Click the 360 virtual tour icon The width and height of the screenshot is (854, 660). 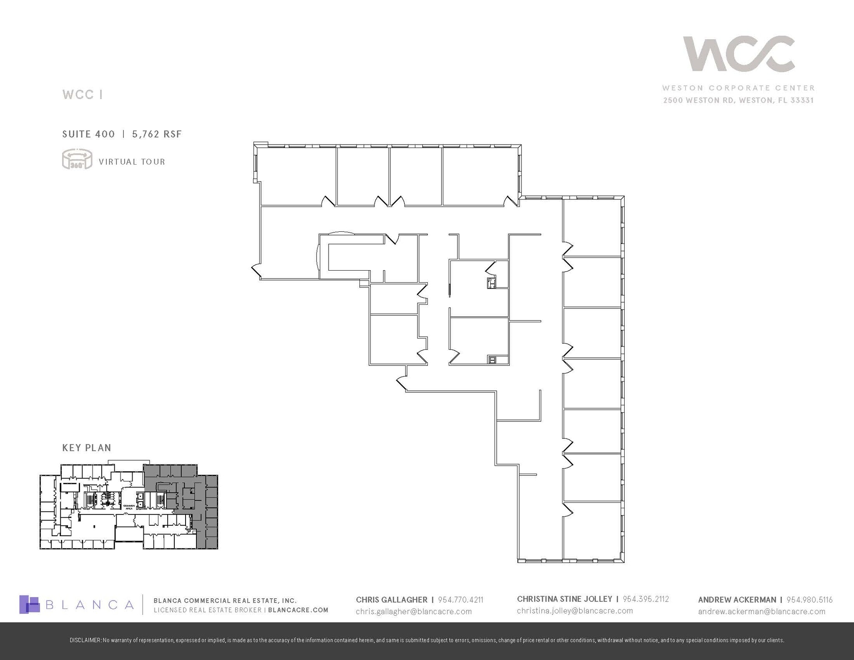(x=77, y=159)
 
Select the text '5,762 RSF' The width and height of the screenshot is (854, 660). (x=157, y=134)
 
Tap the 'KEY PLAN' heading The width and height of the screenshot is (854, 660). (x=87, y=448)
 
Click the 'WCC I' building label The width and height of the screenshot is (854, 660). (x=83, y=95)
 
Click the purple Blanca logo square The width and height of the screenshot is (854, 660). (x=29, y=605)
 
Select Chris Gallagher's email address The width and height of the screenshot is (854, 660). (x=414, y=612)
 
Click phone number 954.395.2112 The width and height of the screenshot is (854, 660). (x=646, y=599)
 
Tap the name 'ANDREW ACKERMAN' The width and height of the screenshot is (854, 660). (x=737, y=600)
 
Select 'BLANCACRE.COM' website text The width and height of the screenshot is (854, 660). (x=298, y=610)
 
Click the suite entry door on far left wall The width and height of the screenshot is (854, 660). (x=256, y=271)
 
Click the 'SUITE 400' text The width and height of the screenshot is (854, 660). (x=88, y=134)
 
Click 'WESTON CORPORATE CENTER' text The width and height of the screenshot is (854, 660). (x=738, y=88)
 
